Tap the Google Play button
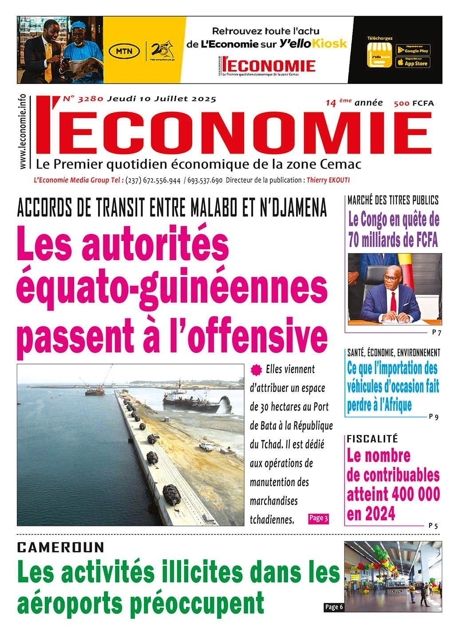point(412,50)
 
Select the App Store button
point(412,63)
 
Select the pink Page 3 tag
point(318,518)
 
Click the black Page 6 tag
point(333,607)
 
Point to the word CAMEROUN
point(60,547)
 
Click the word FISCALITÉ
point(372,439)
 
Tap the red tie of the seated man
point(393,302)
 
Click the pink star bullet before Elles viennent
point(255,369)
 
